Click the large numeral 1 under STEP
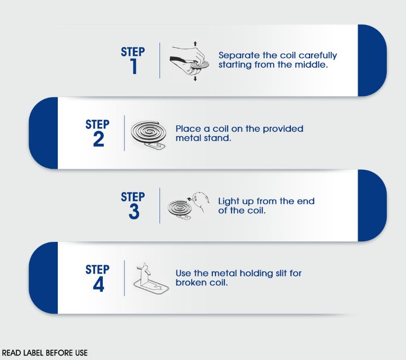[x=134, y=66]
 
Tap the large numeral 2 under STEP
[x=98, y=139]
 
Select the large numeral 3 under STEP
[x=134, y=212]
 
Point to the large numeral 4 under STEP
[x=98, y=284]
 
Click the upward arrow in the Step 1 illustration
[x=195, y=44]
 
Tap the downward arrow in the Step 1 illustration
[x=195, y=79]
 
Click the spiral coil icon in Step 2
[x=148, y=132]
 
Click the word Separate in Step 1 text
[x=239, y=55]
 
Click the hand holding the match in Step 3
[x=201, y=201]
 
